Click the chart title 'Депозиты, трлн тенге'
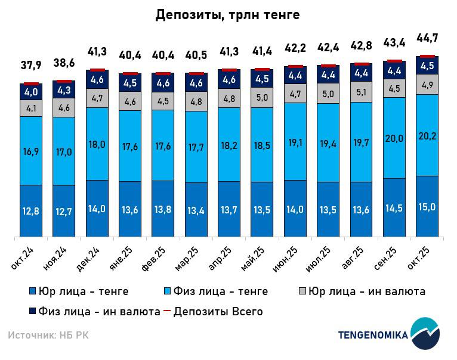[x=227, y=15]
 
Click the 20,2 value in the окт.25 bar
[x=427, y=135]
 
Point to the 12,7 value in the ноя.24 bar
[x=64, y=210]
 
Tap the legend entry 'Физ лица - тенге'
[x=217, y=291]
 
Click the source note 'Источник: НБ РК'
[x=48, y=336]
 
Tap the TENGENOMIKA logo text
[x=373, y=335]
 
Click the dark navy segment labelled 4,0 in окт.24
[x=31, y=92]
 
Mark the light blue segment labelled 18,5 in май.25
[x=262, y=144]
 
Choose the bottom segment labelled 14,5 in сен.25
[x=394, y=208]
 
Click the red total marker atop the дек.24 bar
[x=97, y=70]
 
